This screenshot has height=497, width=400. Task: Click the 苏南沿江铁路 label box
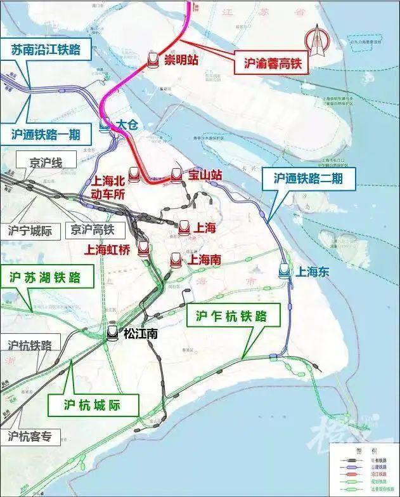46,50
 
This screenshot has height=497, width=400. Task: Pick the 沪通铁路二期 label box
308,178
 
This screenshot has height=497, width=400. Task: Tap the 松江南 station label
140,333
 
